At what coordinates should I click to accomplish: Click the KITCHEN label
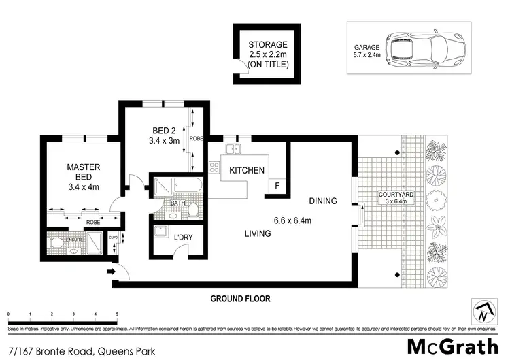tap(246, 170)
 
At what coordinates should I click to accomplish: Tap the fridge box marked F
tap(277, 186)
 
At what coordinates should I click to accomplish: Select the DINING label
tap(322, 201)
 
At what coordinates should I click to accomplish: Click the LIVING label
tap(258, 233)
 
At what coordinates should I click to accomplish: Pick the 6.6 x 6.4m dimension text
tap(292, 220)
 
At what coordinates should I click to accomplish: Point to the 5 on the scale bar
tap(118, 314)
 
